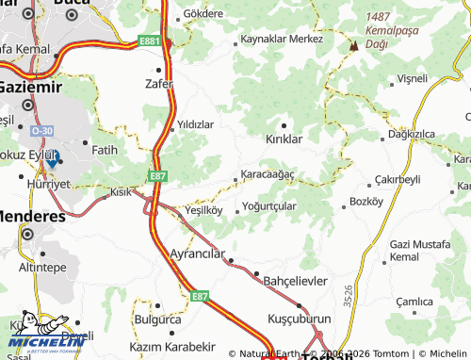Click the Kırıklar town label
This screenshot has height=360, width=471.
pos(284,139)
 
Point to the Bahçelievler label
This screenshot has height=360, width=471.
pos(294,281)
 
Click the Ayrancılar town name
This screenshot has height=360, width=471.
pos(195,254)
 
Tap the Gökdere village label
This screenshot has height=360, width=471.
pos(204,15)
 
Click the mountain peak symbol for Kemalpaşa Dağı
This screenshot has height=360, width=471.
pos(354,45)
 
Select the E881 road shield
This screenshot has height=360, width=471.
pos(149,41)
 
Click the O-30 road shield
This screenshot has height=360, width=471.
pos(41,130)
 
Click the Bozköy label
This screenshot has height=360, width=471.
pos(366,201)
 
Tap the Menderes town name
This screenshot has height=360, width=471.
pos(33,215)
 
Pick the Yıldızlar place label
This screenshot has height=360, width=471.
pos(196,124)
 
